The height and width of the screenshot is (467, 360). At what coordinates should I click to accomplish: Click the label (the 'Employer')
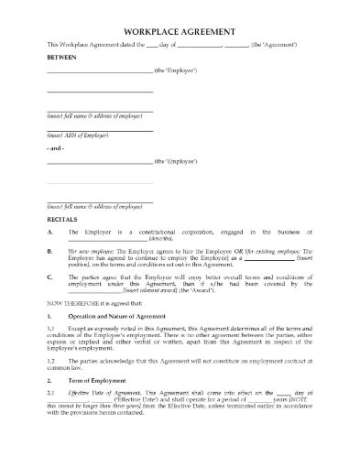tap(176, 71)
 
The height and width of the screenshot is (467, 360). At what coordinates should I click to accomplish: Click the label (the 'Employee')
tap(176, 161)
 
